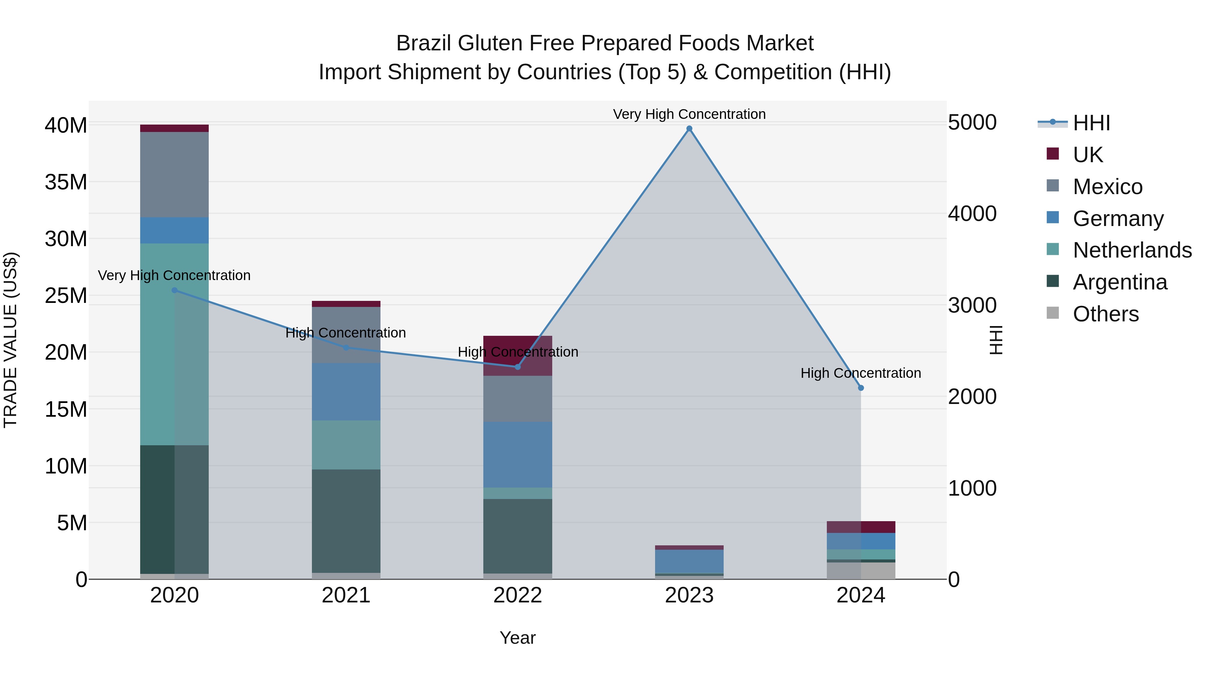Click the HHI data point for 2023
(689, 129)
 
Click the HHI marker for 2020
(174, 290)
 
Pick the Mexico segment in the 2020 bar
(174, 175)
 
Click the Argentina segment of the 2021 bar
(346, 521)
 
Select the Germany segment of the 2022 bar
(518, 454)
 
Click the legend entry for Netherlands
(1132, 250)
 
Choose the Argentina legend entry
(1120, 282)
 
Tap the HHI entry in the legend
(1091, 123)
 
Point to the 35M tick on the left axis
(66, 182)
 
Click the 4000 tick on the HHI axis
(972, 214)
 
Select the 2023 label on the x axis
(689, 595)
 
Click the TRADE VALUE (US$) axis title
(10, 340)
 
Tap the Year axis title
(517, 638)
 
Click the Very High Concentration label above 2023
(689, 114)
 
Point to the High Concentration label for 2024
(860, 373)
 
